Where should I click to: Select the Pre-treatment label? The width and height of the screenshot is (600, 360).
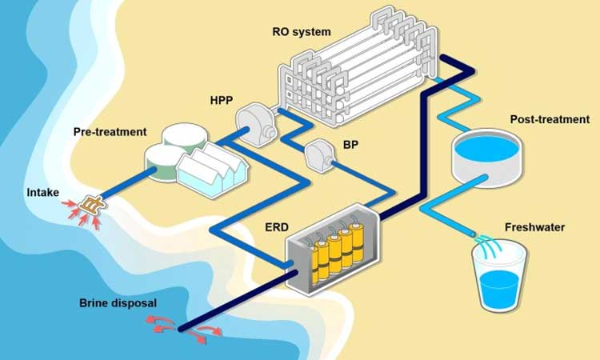tap(110, 131)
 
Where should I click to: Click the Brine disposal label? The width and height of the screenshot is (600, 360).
tap(118, 303)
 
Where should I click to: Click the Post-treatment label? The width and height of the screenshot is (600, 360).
tap(550, 119)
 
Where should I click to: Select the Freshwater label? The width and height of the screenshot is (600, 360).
tap(534, 228)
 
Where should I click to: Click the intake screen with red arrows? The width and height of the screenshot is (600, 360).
tap(94, 206)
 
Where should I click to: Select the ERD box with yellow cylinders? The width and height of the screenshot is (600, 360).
tap(329, 250)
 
